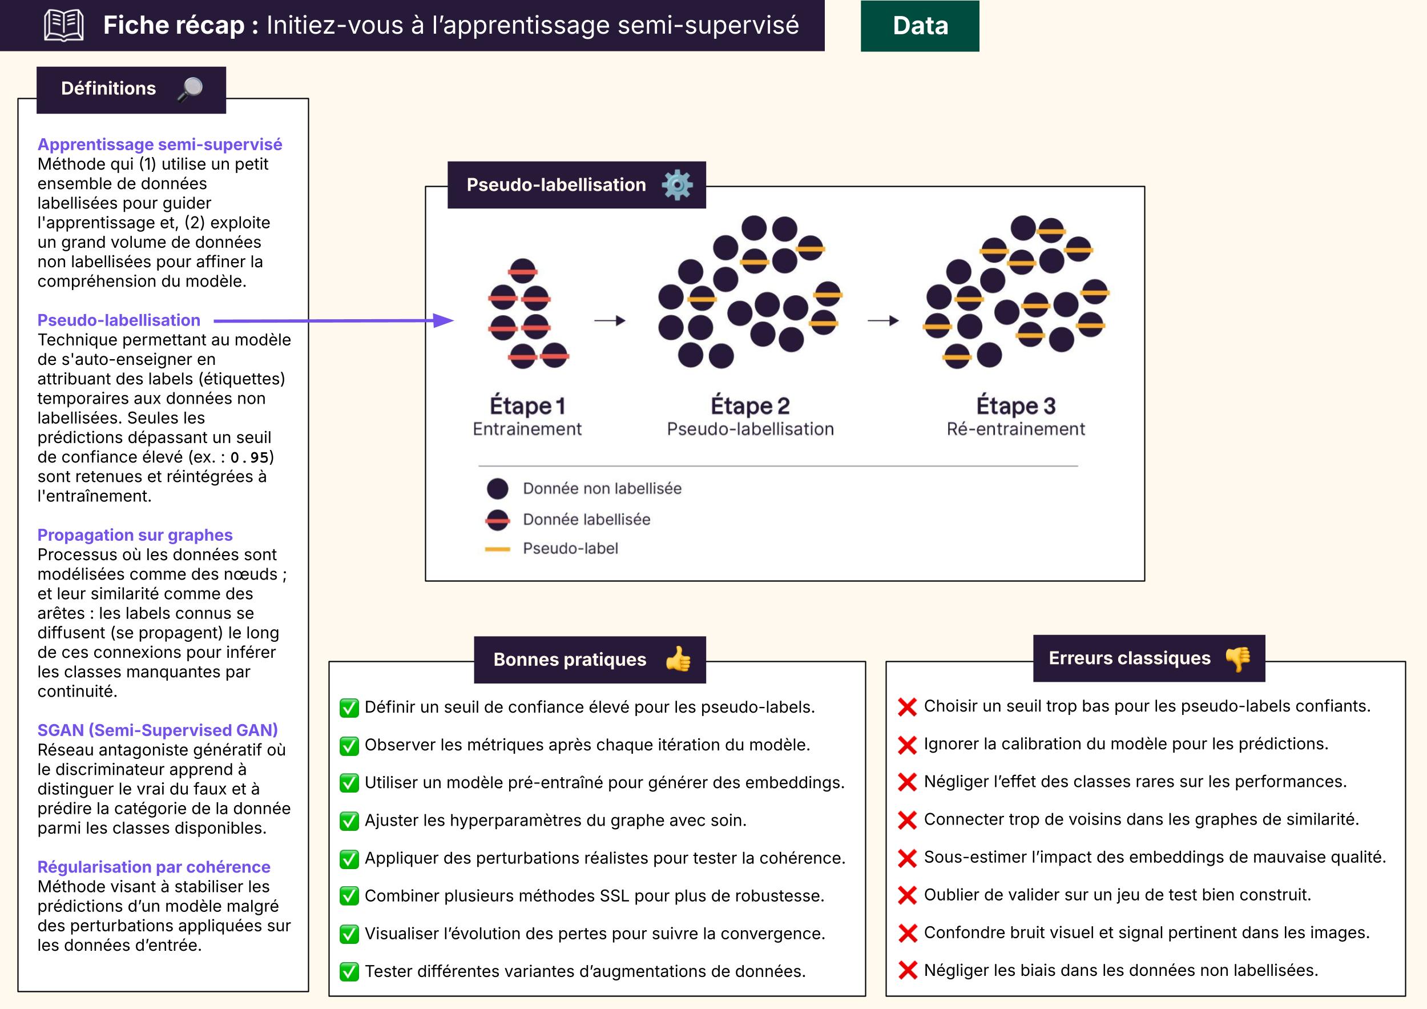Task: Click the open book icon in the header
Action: pos(64,26)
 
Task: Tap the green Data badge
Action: pos(920,26)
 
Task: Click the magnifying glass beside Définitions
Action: pos(190,89)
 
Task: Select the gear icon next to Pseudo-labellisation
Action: pos(677,184)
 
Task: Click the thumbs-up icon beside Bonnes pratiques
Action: pos(678,659)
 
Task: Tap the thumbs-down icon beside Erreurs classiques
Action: pos(1238,658)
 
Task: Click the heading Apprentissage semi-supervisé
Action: pos(160,144)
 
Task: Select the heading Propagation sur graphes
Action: pos(135,534)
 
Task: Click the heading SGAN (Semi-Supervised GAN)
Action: pos(157,730)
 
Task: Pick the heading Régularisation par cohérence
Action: pos(154,867)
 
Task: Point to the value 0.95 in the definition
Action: pos(249,457)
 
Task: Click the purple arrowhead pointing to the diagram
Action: pos(443,321)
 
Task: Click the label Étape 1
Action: pos(527,406)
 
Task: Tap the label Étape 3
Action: pos(1015,406)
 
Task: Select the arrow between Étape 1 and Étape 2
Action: pos(610,321)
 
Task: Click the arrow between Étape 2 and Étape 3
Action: pos(883,321)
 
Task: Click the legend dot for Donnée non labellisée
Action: pos(497,489)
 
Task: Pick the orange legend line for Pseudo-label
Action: pos(497,549)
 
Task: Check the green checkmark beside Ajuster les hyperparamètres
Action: pos(349,821)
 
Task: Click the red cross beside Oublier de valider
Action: pos(908,895)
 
